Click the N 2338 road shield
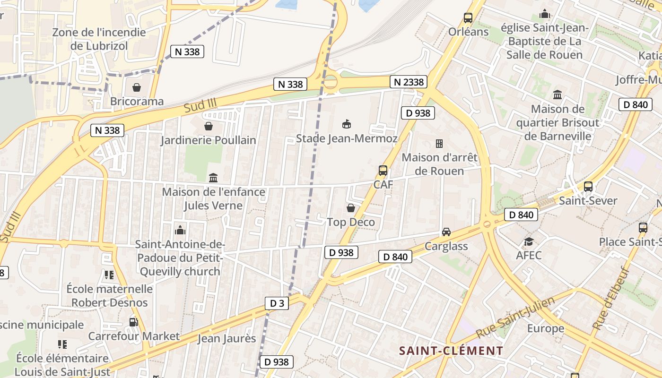coord(409,82)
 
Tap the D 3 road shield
coord(277,303)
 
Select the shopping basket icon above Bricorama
coord(137,87)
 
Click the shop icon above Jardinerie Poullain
coord(208,126)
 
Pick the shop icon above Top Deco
coord(351,208)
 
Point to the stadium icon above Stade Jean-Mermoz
coord(347,124)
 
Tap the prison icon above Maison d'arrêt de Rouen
coord(439,143)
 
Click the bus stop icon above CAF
coord(383,171)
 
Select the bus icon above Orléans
coord(468,18)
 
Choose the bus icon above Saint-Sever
coord(588,187)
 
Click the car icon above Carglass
coord(446,232)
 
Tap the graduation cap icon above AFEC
coord(529,242)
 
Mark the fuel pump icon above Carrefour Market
coord(134,322)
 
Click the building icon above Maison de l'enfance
coord(213,178)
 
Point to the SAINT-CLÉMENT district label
coord(451,351)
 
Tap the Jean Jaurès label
coord(226,338)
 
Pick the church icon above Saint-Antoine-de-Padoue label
coord(180,230)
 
